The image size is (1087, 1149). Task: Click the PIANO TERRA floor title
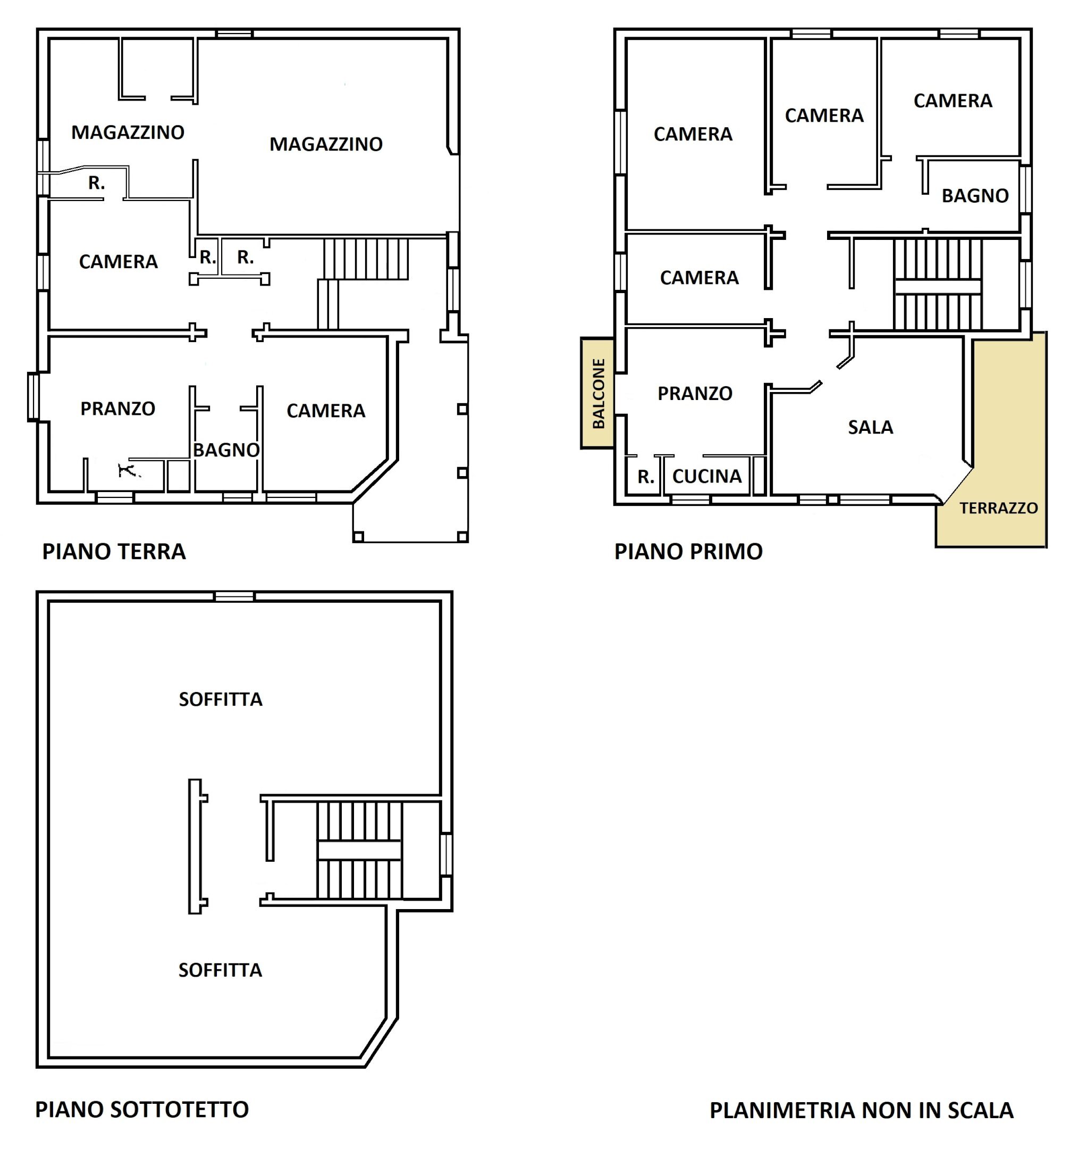pyautogui.click(x=114, y=551)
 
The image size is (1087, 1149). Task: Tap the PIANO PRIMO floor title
pyautogui.click(x=688, y=551)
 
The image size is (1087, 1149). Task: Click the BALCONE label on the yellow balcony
pyautogui.click(x=599, y=394)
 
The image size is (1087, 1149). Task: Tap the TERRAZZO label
pyautogui.click(x=998, y=508)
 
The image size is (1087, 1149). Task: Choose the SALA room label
pyautogui.click(x=870, y=427)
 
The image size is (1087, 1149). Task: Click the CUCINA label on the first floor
pyautogui.click(x=707, y=476)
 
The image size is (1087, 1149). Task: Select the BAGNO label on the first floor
pyautogui.click(x=975, y=196)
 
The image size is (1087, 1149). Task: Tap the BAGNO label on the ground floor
pyautogui.click(x=226, y=450)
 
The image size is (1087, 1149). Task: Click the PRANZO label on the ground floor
pyautogui.click(x=117, y=409)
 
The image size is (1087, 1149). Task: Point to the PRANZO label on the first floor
pyautogui.click(x=695, y=394)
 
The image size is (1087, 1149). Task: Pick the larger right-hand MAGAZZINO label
pyautogui.click(x=326, y=144)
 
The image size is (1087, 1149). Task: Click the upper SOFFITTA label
pyautogui.click(x=220, y=700)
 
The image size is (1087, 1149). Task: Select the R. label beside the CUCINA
pyautogui.click(x=646, y=477)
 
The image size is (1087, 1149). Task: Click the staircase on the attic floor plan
pyautogui.click(x=359, y=851)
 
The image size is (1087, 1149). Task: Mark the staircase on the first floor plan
pyautogui.click(x=937, y=285)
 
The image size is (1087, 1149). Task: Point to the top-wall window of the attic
pyautogui.click(x=234, y=596)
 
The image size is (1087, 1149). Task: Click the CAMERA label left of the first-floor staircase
pyautogui.click(x=700, y=278)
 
